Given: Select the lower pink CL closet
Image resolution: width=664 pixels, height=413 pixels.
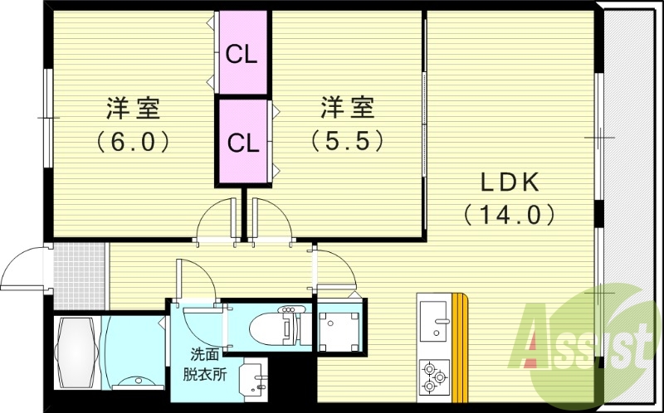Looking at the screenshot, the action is coord(243,141).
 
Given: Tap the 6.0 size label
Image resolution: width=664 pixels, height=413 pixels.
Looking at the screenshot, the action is coord(133,142).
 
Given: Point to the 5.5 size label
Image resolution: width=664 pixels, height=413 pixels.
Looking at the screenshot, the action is coord(347,141).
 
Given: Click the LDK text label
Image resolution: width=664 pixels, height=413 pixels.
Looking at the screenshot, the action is coord(510,182).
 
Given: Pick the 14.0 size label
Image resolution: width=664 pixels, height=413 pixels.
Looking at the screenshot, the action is coord(510,215).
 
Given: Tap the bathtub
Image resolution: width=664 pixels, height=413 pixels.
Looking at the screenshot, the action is coord(76,353).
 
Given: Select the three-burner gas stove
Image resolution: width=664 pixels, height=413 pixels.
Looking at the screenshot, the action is coord(434,375).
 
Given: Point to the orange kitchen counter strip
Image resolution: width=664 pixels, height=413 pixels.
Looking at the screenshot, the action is coord(460,347).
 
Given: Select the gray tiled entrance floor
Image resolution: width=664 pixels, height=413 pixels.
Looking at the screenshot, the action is coord(80,276).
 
